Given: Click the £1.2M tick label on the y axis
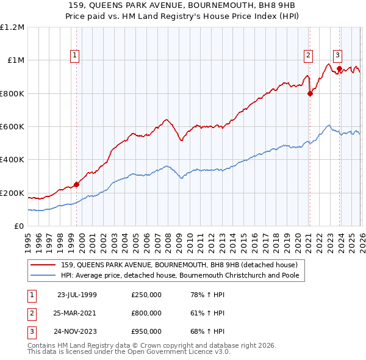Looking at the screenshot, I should [x=12, y=27].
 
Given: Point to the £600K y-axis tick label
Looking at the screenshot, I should [x=12, y=126].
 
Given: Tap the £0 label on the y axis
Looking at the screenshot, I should [x=20, y=226].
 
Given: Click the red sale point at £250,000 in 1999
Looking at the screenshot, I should [x=77, y=184].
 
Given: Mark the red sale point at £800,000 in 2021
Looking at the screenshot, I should [x=310, y=93].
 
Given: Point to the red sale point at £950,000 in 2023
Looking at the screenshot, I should [x=339, y=68].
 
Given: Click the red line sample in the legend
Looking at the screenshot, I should [x=44, y=265].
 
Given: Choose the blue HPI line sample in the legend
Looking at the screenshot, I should [x=44, y=276].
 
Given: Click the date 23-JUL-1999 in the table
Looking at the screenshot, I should [x=77, y=295].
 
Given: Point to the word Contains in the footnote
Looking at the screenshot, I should [x=41, y=345].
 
